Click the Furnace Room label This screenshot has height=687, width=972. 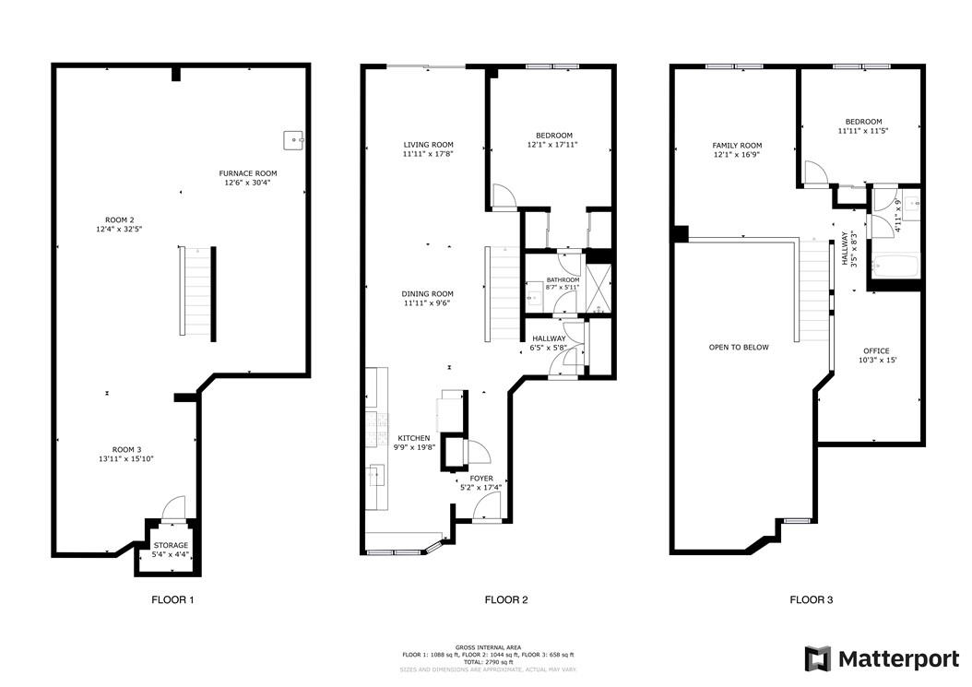coord(248,173)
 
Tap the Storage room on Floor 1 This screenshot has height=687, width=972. coord(172,550)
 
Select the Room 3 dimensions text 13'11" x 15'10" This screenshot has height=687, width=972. coord(126,459)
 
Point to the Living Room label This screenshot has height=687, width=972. coord(428,145)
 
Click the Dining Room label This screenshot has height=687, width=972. coord(428,294)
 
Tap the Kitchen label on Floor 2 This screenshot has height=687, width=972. coord(414,438)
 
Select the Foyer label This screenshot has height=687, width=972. coord(481,479)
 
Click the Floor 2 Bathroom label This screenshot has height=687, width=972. coord(563,280)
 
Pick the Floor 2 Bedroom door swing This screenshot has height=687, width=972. coord(504,196)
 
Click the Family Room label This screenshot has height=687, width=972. coord(737,146)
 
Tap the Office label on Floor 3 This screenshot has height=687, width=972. coord(876,351)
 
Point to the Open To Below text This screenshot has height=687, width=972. coord(739,348)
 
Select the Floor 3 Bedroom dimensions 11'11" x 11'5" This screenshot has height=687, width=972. coord(863,132)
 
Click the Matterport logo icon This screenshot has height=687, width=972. coord(818,658)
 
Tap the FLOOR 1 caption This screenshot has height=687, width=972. coord(173,599)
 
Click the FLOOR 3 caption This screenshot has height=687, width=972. coord(812,599)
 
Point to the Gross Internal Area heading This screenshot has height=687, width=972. coord(489,647)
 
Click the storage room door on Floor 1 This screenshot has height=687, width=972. coord(173,507)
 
